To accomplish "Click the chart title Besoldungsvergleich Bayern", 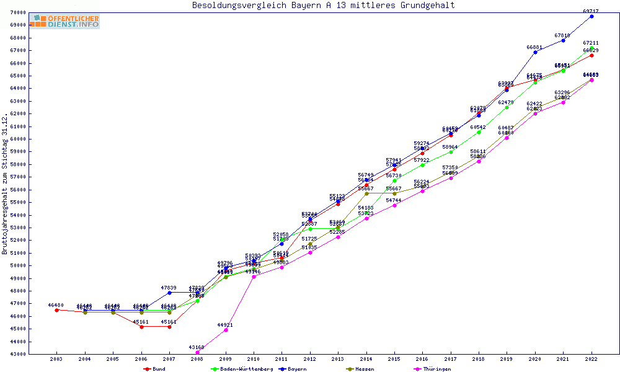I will (x=323, y=6).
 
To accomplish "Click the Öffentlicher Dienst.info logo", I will (x=64, y=22).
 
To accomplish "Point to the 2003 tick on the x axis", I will (x=56, y=359).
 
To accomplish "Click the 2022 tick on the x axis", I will (x=591, y=359).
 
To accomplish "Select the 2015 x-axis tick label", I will (x=394, y=359).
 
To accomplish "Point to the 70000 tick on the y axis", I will (x=18, y=12).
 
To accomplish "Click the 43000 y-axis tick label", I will (x=18, y=354).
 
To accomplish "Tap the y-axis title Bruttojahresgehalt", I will (x=5, y=184).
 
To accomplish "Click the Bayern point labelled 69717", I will (x=591, y=16).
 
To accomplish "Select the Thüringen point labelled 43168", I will (x=197, y=352).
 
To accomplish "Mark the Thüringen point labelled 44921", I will (x=226, y=330).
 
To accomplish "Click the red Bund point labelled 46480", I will (x=56, y=310).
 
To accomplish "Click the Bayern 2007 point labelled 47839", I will (x=169, y=293).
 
